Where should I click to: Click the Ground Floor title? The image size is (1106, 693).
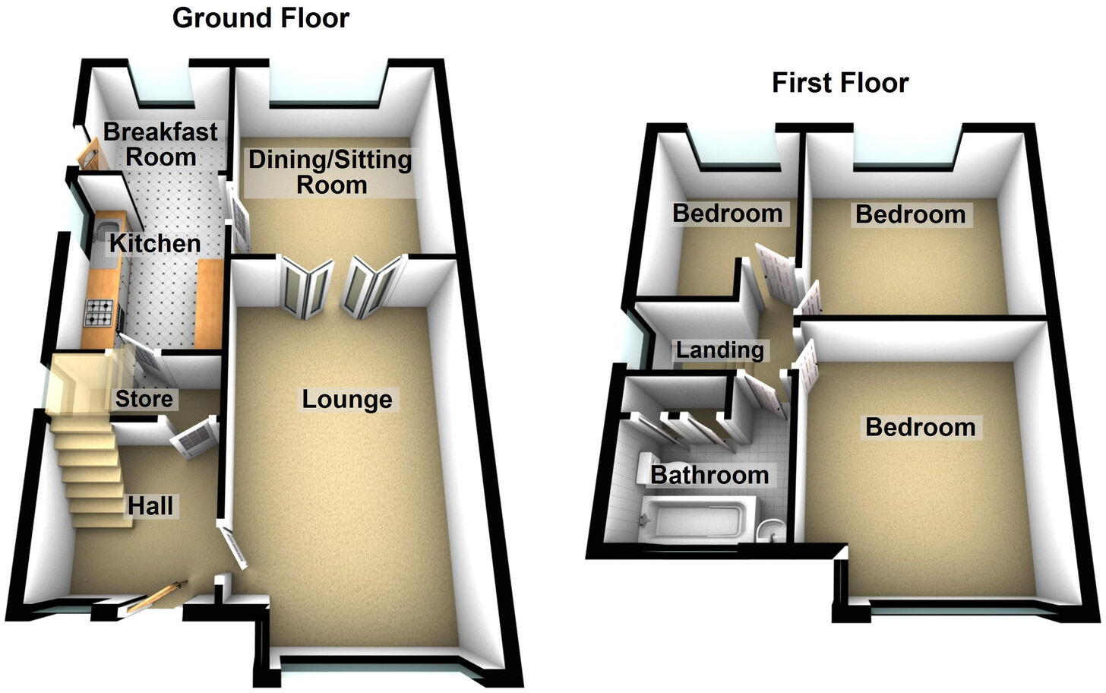[x=261, y=17]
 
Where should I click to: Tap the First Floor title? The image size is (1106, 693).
[x=840, y=83]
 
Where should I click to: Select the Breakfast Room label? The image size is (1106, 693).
[x=160, y=144]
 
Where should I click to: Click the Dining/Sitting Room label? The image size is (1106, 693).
[x=331, y=172]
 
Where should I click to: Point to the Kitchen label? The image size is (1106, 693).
[x=155, y=244]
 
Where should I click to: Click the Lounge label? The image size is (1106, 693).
[x=347, y=400]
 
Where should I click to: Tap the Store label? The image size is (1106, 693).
[x=144, y=399]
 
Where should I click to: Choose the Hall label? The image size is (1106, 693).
[x=150, y=505]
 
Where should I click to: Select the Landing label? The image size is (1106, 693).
[x=719, y=350]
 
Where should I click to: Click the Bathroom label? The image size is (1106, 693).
[x=709, y=476]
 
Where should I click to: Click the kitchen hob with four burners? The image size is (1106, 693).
[x=101, y=311]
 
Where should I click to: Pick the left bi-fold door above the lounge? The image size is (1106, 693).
[x=308, y=286]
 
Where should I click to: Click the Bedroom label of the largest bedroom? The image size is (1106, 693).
[x=920, y=427]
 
